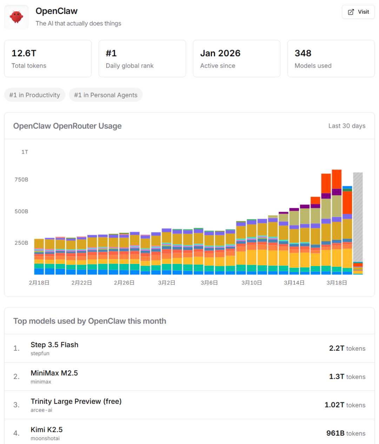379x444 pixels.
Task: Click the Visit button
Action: pyautogui.click(x=358, y=12)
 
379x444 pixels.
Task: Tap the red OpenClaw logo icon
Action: pyautogui.click(x=16, y=17)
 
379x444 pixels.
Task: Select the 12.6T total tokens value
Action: pyautogui.click(x=24, y=53)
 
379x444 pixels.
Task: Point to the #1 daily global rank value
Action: pyautogui.click(x=111, y=53)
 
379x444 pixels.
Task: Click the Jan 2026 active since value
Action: pyautogui.click(x=220, y=53)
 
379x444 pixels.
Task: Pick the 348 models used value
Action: pyautogui.click(x=303, y=53)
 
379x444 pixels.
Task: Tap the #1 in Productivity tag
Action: pyautogui.click(x=35, y=95)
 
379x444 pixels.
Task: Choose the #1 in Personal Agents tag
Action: pyautogui.click(x=106, y=95)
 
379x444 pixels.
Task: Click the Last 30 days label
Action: pyautogui.click(x=347, y=126)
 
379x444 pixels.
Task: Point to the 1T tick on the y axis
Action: pyautogui.click(x=25, y=152)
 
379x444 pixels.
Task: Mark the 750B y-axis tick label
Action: pyautogui.click(x=21, y=180)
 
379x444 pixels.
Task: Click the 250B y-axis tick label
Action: pyautogui.click(x=21, y=243)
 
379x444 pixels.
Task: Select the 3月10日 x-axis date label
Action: pyautogui.click(x=252, y=283)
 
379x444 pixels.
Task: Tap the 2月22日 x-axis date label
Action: pyautogui.click(x=82, y=283)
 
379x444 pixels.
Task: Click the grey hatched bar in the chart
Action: pyautogui.click(x=358, y=218)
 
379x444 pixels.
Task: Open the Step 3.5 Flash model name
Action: pyautogui.click(x=54, y=345)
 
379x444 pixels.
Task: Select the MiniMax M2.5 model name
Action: pyautogui.click(x=54, y=373)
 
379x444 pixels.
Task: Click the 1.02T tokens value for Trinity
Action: pyautogui.click(x=345, y=405)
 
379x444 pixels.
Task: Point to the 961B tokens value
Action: pyautogui.click(x=346, y=433)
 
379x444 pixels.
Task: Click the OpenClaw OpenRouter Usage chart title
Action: pyautogui.click(x=67, y=126)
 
